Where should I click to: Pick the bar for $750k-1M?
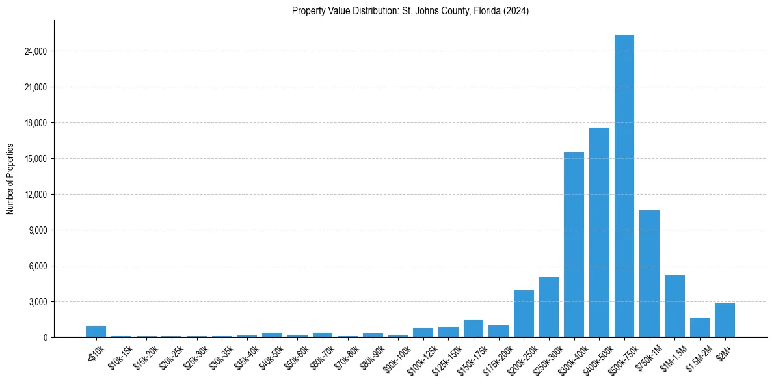[x=649, y=273]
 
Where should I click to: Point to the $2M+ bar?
[x=725, y=320]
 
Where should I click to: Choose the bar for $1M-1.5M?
[x=674, y=306]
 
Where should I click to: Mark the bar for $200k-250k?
[x=524, y=314]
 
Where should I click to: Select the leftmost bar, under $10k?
[x=96, y=331]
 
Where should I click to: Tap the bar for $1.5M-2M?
[x=700, y=327]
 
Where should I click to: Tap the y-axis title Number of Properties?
[x=10, y=178]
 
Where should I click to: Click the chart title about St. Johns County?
[x=410, y=11]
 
